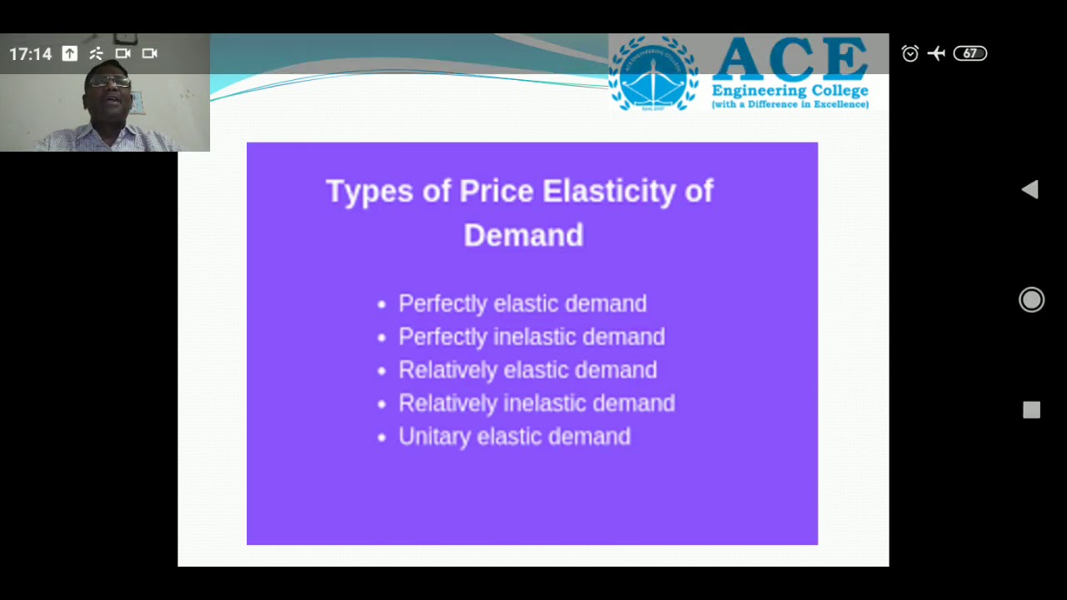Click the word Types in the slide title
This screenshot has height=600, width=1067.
pyautogui.click(x=368, y=192)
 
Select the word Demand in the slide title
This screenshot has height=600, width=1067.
pyautogui.click(x=523, y=236)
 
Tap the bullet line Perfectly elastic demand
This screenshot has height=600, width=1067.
pyautogui.click(x=522, y=303)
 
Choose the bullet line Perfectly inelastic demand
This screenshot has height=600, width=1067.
pyautogui.click(x=531, y=337)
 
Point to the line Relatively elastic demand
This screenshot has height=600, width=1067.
pyautogui.click(x=528, y=370)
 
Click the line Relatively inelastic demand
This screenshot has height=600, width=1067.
pyautogui.click(x=536, y=403)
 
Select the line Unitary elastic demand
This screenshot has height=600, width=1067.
pyautogui.click(x=513, y=437)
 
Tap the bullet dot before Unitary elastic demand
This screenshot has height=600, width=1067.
pyautogui.click(x=382, y=437)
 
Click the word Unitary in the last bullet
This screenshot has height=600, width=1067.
pyautogui.click(x=433, y=437)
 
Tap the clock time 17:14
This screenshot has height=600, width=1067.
pyautogui.click(x=30, y=54)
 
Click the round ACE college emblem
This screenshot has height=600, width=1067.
pyautogui.click(x=654, y=73)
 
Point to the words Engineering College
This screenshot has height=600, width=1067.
pyautogui.click(x=789, y=91)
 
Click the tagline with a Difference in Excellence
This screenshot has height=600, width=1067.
pyautogui.click(x=789, y=105)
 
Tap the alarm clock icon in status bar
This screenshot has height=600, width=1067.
pyautogui.click(x=910, y=53)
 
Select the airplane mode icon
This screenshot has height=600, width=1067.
pyautogui.click(x=936, y=53)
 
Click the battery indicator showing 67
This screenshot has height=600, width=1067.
pyautogui.click(x=969, y=53)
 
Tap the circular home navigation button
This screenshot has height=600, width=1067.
pyautogui.click(x=1031, y=300)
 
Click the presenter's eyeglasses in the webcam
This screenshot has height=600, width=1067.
pyautogui.click(x=110, y=82)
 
